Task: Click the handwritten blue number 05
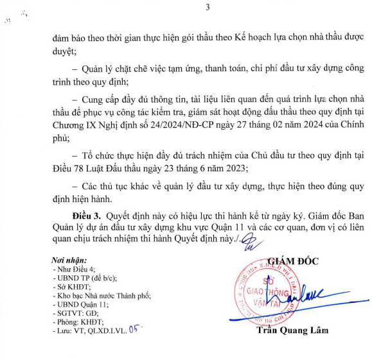[134, 328]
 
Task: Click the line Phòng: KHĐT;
[78, 321]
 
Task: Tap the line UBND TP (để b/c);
[84, 278]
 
